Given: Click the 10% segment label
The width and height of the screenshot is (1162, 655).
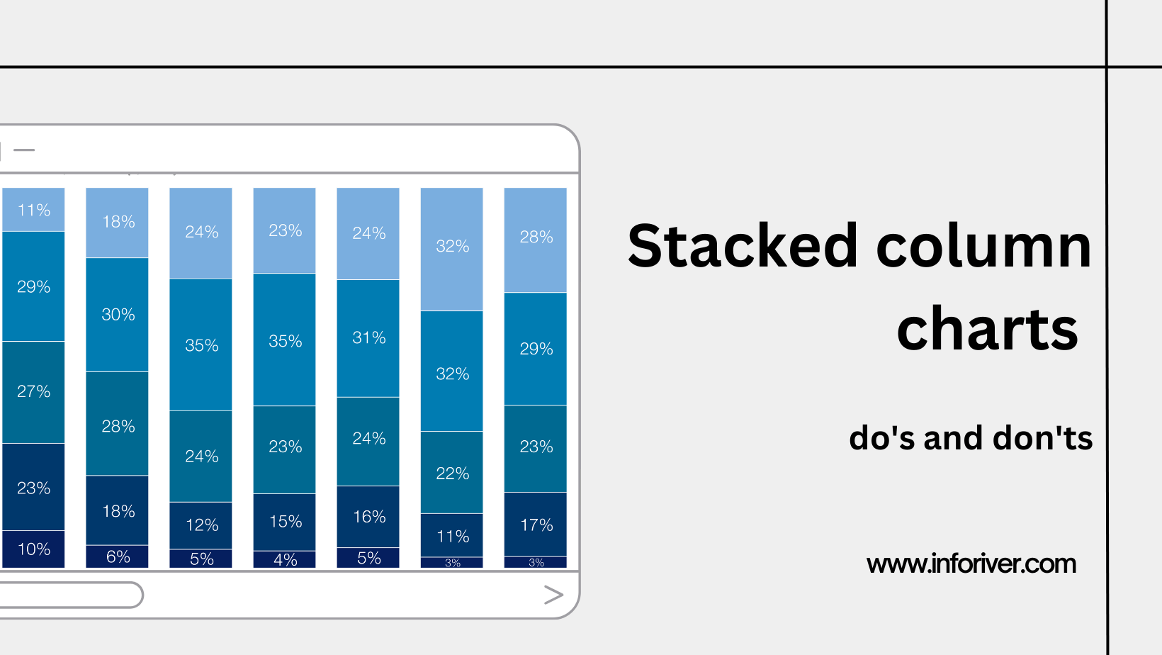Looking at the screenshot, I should pyautogui.click(x=34, y=549).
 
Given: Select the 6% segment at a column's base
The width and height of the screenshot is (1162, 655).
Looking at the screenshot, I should pyautogui.click(x=118, y=556).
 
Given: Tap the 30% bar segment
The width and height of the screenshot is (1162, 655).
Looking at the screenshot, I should pyautogui.click(x=118, y=314).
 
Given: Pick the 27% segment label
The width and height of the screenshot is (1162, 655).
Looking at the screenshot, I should pyautogui.click(x=34, y=391).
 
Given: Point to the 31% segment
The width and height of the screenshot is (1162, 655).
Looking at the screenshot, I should pyautogui.click(x=368, y=337).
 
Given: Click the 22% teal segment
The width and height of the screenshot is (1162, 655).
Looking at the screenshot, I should pyautogui.click(x=452, y=473).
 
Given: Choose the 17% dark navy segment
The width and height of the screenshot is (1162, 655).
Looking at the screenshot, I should pyautogui.click(x=536, y=525).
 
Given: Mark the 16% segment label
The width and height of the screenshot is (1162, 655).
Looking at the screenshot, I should pyautogui.click(x=368, y=517).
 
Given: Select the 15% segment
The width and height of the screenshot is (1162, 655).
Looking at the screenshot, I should pyautogui.click(x=285, y=522).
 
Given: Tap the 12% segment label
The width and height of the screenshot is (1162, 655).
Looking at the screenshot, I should pyautogui.click(x=201, y=525).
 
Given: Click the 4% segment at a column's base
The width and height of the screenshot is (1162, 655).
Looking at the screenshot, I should pyautogui.click(x=285, y=559).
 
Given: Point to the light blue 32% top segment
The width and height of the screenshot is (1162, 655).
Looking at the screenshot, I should pyautogui.click(x=452, y=247).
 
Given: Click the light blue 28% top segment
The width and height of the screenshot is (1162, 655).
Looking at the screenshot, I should pyautogui.click(x=536, y=237).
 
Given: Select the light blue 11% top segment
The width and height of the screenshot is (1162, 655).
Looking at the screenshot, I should pyautogui.click(x=34, y=210).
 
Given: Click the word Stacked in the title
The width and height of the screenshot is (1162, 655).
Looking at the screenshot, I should pyautogui.click(x=743, y=246).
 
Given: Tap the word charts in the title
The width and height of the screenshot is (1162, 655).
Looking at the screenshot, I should pyautogui.click(x=987, y=329).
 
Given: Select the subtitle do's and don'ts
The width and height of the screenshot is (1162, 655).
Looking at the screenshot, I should pyautogui.click(x=971, y=438).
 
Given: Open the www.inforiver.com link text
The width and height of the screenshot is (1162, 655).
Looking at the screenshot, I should pyautogui.click(x=971, y=564).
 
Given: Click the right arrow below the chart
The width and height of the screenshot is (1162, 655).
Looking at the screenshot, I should pyautogui.click(x=553, y=595).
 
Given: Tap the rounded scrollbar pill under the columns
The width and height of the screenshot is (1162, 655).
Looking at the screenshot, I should pyautogui.click(x=71, y=595).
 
